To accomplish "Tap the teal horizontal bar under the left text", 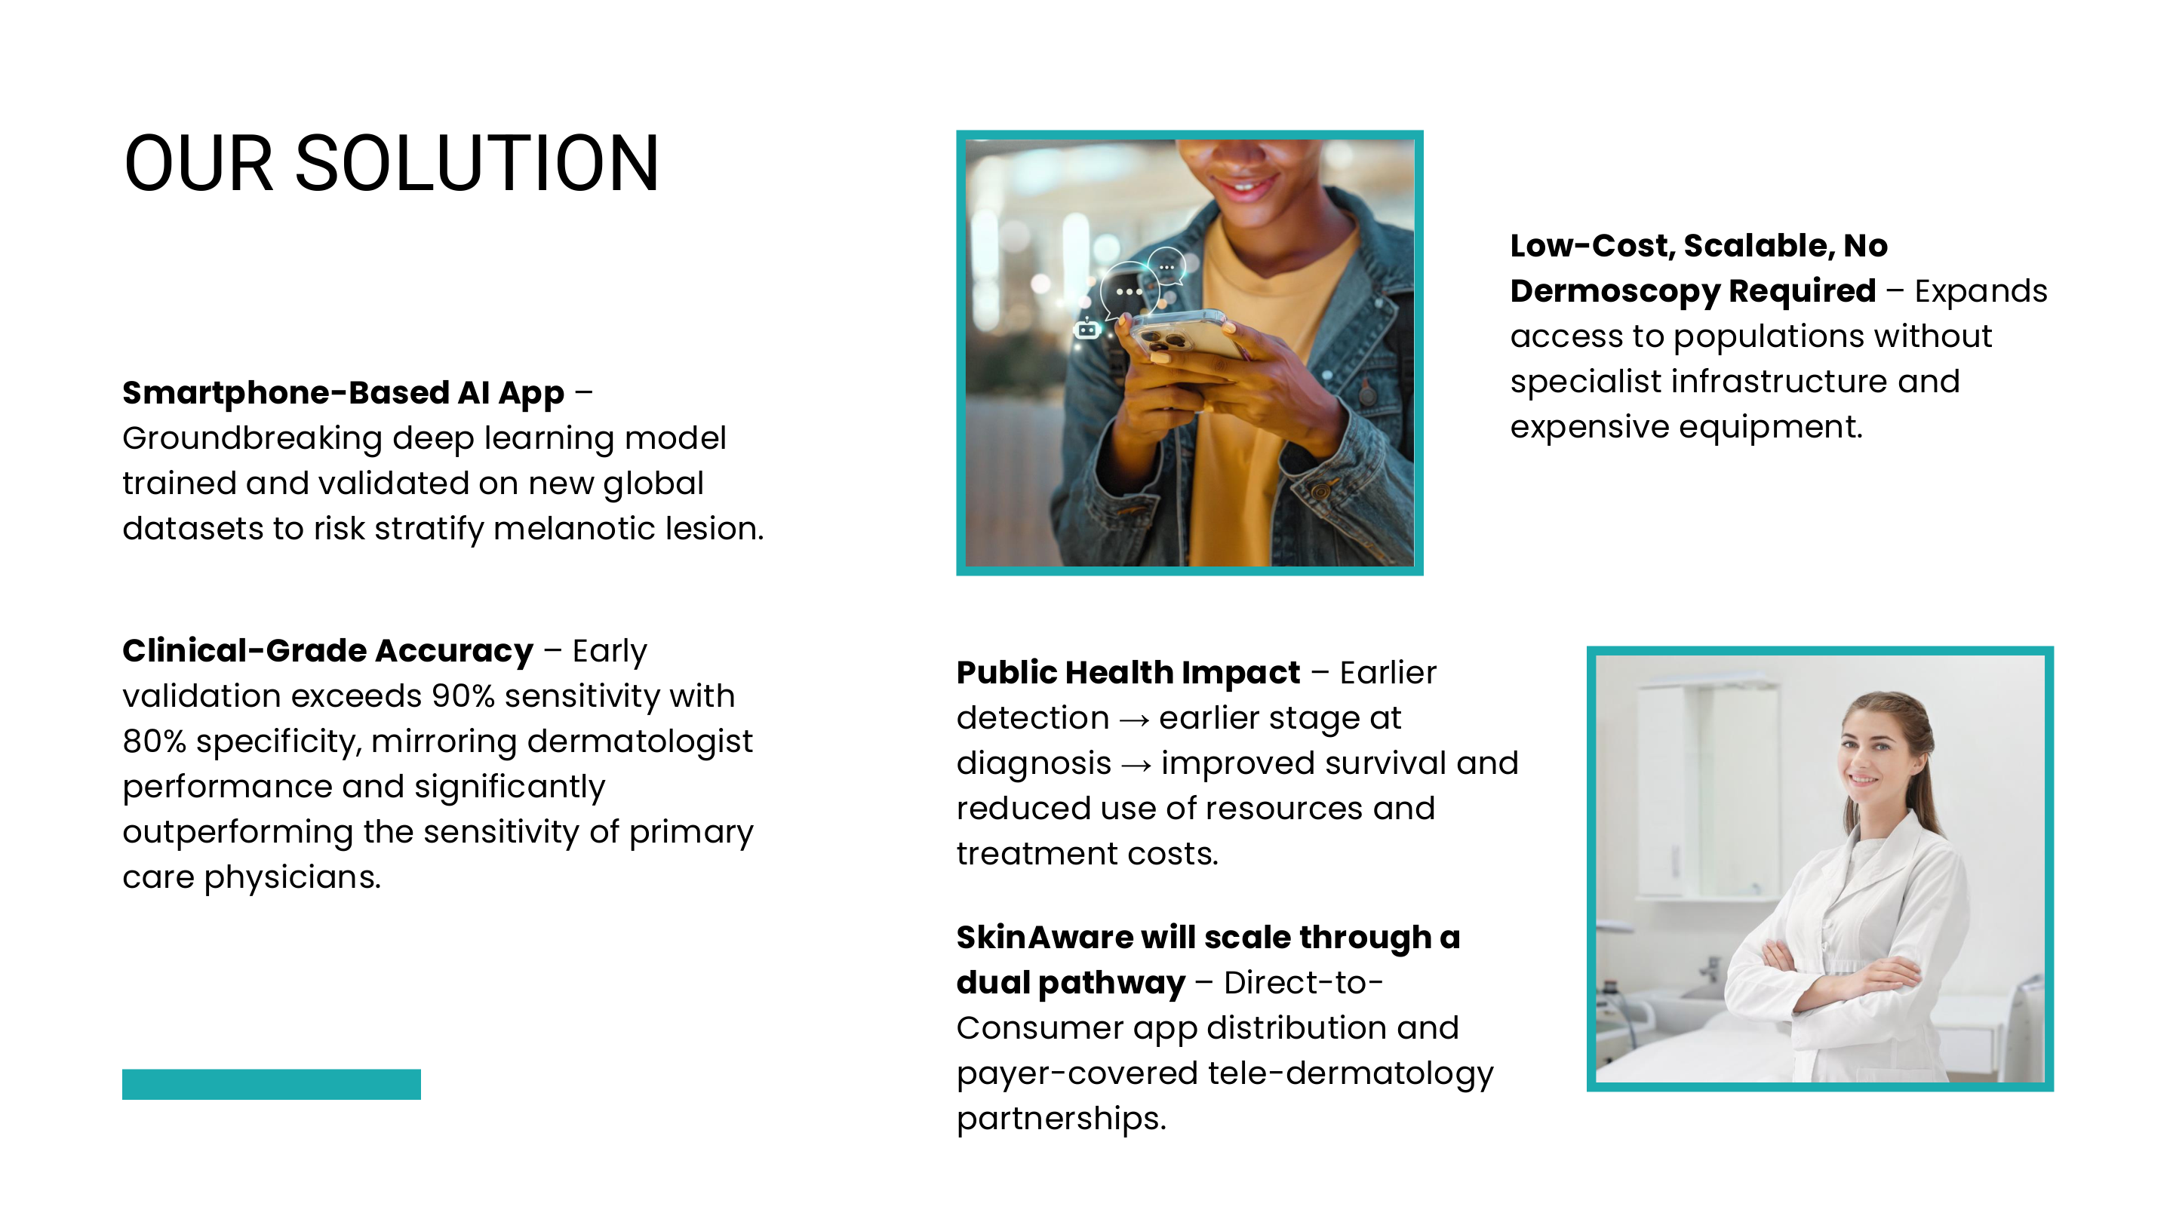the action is [x=272, y=1084].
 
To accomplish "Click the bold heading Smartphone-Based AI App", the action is [x=343, y=393].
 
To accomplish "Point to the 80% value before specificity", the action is [x=155, y=741].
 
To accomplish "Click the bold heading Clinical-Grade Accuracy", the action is [x=328, y=651].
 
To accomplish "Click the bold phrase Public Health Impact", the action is [x=1129, y=673].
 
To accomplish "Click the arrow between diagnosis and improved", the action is [x=1136, y=765].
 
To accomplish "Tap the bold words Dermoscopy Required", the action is [x=1693, y=291].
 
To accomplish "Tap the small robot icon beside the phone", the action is [x=1086, y=329].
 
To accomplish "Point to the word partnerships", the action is [x=1061, y=1119].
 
